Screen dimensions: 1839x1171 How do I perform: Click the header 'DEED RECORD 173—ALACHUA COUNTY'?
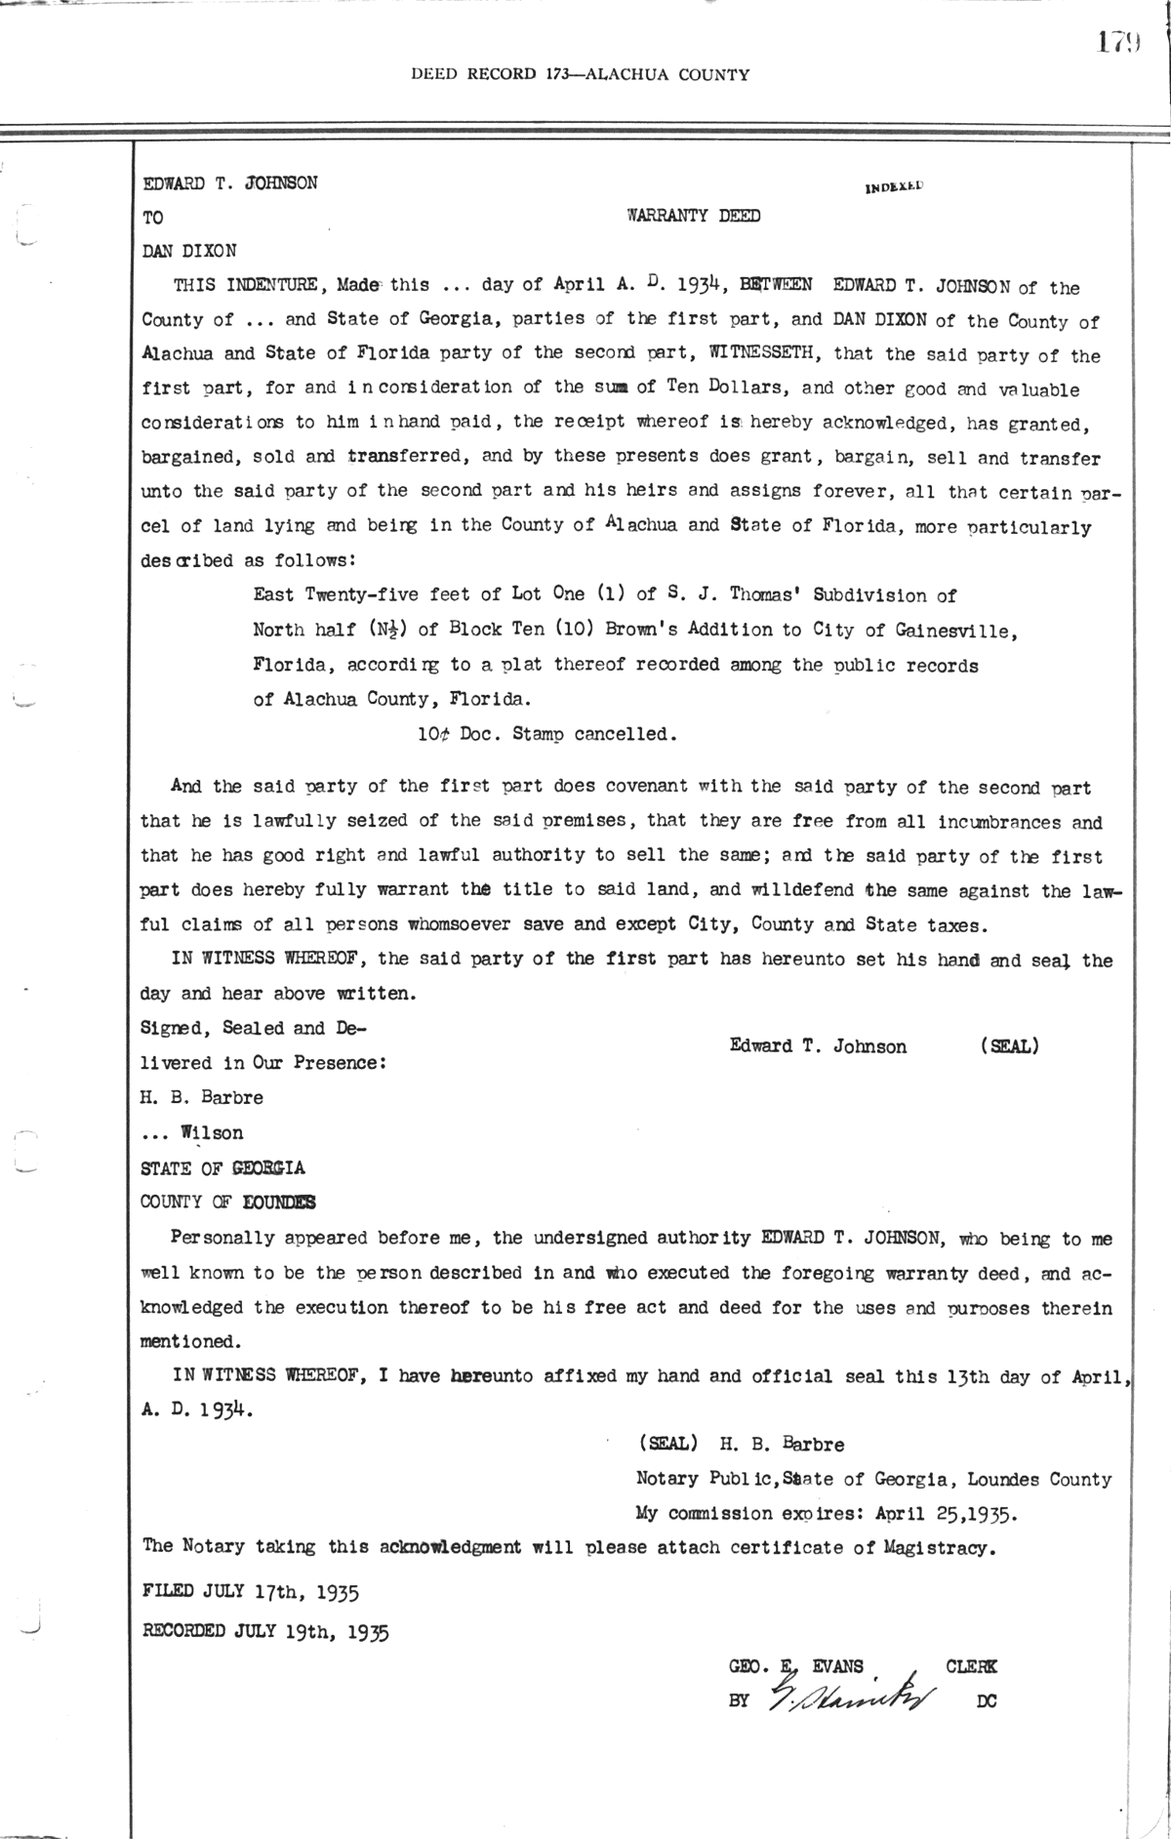click(580, 74)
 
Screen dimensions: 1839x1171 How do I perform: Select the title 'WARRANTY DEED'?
click(693, 217)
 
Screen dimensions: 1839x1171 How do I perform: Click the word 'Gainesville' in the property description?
click(954, 631)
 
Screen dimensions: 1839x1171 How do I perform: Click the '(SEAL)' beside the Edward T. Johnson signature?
click(1008, 1046)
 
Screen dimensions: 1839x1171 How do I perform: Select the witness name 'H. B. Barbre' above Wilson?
click(202, 1097)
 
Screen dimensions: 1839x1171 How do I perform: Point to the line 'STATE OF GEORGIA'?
click(222, 1167)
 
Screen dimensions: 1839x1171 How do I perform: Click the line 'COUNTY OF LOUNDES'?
click(227, 1203)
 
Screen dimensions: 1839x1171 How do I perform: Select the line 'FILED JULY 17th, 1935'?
click(251, 1592)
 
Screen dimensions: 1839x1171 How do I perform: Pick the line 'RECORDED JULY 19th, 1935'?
click(265, 1631)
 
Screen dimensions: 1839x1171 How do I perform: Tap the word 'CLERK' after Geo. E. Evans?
click(971, 1667)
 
